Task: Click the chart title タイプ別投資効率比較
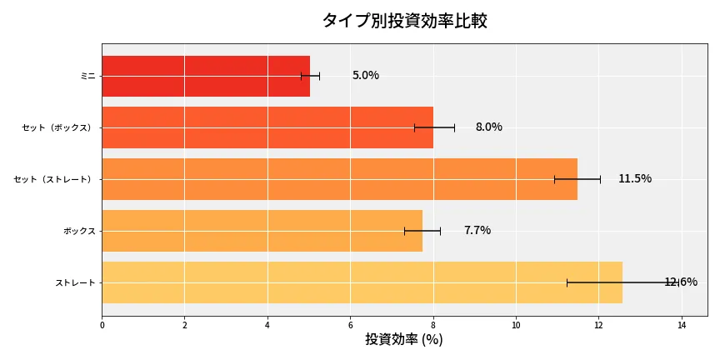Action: point(404,21)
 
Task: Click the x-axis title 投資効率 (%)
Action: point(404,340)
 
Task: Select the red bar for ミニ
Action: point(205,76)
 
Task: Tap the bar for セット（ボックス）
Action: point(267,127)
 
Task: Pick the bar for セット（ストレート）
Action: point(339,179)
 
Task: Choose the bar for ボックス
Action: point(262,231)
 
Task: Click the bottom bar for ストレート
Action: point(362,282)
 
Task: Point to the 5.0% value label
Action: point(365,76)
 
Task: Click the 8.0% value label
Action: point(488,127)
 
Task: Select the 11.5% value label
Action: point(634,179)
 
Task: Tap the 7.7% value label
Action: point(477,231)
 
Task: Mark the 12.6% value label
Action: point(680,282)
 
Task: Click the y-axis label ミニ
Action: point(87,76)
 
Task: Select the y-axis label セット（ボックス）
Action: point(58,127)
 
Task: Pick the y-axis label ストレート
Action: point(75,282)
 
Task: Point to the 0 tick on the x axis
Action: point(102,325)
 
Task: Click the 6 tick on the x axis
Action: point(350,325)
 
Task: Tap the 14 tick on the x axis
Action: point(681,325)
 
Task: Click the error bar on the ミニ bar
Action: point(310,76)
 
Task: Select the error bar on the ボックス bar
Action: point(422,231)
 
